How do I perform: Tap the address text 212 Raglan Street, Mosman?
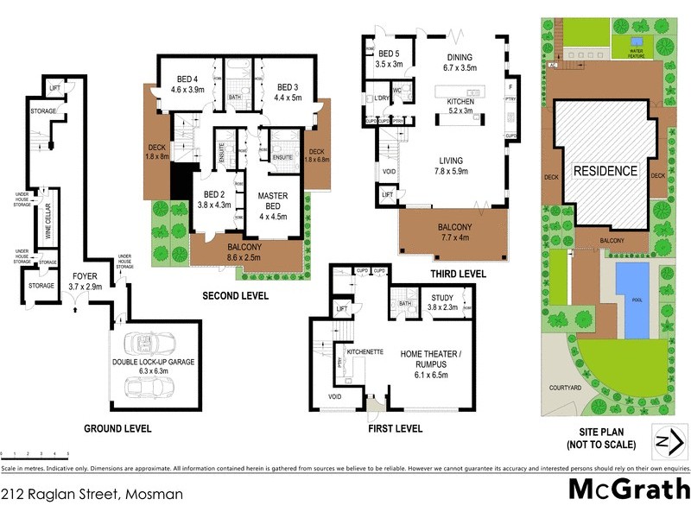click(x=92, y=495)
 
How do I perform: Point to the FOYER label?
click(x=85, y=279)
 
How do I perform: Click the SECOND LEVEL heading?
click(x=235, y=295)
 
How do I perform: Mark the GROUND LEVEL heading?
click(x=117, y=428)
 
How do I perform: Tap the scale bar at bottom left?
click(x=35, y=453)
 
